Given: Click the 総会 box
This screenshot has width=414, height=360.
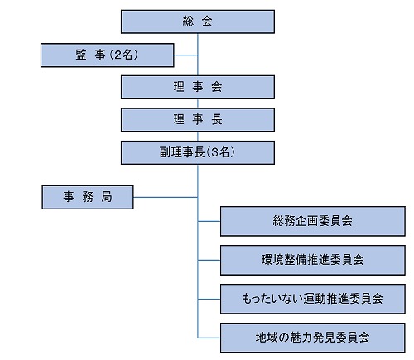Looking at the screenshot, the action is (x=198, y=22).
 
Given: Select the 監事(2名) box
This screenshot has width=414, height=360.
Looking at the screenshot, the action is (x=107, y=55).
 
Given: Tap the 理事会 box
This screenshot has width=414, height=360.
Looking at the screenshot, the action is (x=198, y=87).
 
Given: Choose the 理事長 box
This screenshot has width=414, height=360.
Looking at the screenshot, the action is (x=198, y=119).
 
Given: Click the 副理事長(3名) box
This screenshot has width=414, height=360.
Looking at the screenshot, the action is (x=198, y=152).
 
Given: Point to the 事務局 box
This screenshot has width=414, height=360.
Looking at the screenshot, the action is (x=88, y=197).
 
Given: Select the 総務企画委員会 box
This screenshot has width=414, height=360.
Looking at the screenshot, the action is (x=313, y=221).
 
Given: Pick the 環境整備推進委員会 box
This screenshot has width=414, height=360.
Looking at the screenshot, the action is (x=313, y=260).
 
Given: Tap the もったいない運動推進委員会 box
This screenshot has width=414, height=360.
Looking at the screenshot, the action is (x=313, y=299).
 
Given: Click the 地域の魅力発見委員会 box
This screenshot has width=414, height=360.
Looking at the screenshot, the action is (x=313, y=338).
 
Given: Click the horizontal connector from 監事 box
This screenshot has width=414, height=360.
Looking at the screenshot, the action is (x=185, y=55).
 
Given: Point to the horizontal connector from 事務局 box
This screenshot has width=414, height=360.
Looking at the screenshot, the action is (x=166, y=197).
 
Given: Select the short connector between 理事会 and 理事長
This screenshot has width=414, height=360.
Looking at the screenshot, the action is (x=198, y=103).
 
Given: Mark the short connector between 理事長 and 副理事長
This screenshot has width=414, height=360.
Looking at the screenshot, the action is (x=198, y=137).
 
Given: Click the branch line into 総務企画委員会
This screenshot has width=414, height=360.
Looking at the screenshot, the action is (x=209, y=221).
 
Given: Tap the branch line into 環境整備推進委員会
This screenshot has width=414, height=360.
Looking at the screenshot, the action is (x=209, y=260).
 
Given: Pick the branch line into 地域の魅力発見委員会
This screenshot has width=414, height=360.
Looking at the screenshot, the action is (x=209, y=338).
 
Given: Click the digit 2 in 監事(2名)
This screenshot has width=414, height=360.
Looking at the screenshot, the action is (x=118, y=55).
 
